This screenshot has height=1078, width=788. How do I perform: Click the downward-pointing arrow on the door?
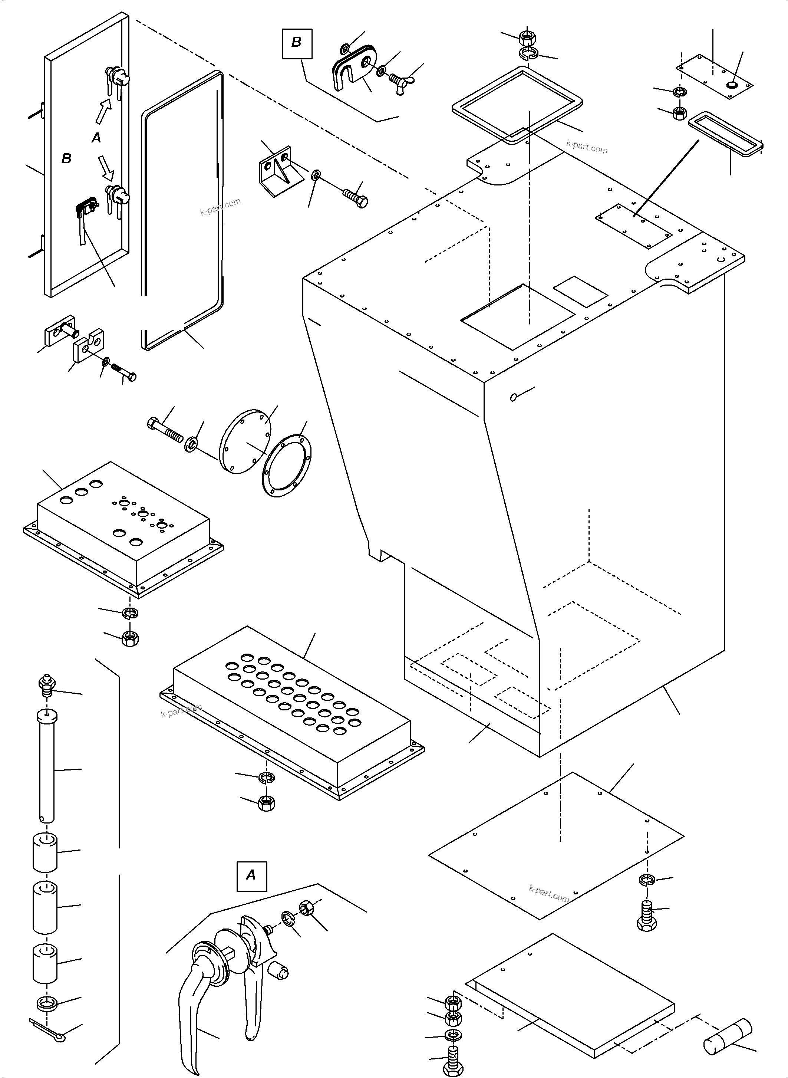pos(105,165)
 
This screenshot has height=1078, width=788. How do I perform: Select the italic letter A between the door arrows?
pos(96,138)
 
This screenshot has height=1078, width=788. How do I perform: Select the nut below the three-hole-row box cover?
pos(129,638)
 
